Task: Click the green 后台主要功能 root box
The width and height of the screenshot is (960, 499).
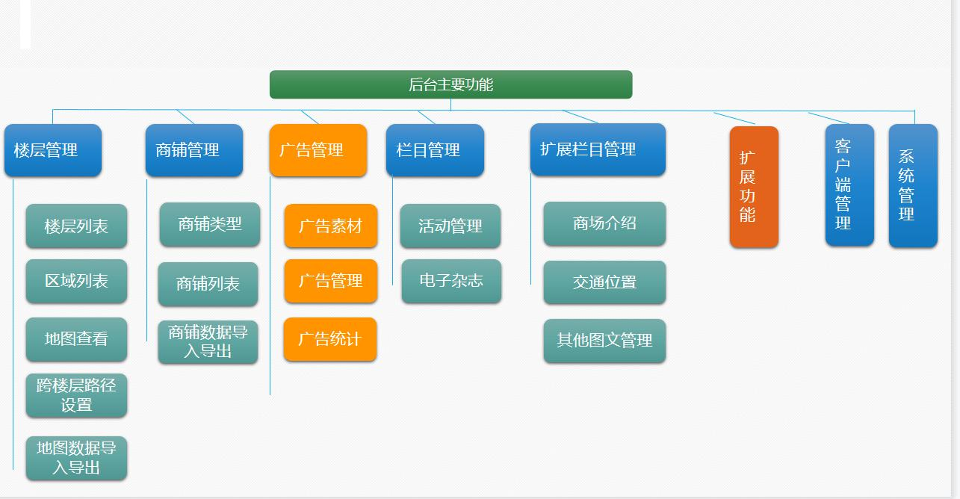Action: pos(450,84)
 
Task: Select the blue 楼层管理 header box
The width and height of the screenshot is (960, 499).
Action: pos(52,150)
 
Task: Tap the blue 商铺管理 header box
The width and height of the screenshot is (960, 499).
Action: pos(193,150)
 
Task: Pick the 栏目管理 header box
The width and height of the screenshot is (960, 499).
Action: pos(435,150)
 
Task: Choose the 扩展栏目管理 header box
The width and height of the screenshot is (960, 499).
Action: pos(598,149)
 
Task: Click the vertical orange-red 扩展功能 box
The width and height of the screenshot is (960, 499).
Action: pos(754,187)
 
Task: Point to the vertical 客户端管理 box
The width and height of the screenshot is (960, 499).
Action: pos(849,185)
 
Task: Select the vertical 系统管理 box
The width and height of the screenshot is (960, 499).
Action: pos(912,185)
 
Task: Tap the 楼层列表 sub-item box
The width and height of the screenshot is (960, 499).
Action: pos(76,226)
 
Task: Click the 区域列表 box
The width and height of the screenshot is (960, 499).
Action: pos(76,281)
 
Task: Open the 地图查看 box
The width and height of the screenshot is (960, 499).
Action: pos(76,339)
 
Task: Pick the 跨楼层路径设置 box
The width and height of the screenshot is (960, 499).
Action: pos(76,395)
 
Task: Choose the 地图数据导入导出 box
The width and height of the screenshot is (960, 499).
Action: pos(76,458)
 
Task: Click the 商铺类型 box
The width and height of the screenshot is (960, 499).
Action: pos(209,224)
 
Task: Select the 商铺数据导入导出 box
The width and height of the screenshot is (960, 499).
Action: pos(208,342)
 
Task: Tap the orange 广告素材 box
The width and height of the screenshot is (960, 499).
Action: pos(330,226)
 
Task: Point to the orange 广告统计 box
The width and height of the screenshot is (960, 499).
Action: pos(330,339)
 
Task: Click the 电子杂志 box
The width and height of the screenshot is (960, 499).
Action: pos(451,281)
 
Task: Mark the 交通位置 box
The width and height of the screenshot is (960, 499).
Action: pos(604,282)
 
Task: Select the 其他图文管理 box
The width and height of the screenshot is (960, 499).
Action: pos(604,341)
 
